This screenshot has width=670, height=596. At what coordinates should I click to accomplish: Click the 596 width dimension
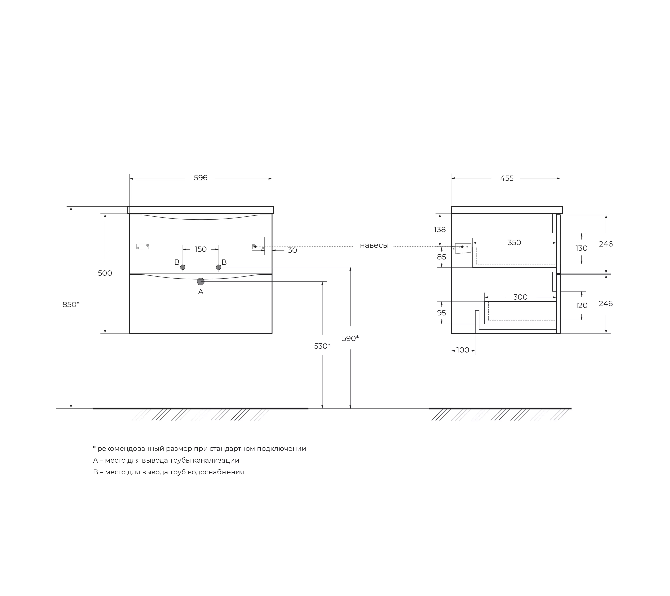coord(200,178)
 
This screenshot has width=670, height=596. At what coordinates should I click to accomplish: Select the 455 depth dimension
coord(507,178)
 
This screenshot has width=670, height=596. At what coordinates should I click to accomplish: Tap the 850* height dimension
coord(71,305)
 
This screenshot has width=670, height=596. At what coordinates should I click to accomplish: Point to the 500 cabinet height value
coord(105,273)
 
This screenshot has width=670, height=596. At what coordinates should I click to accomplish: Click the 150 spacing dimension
coord(201,249)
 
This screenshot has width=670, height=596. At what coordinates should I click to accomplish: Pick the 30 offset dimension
coord(292,250)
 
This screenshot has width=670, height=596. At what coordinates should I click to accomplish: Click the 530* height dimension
coord(322,346)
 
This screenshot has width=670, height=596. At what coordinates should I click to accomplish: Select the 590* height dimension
coord(350,338)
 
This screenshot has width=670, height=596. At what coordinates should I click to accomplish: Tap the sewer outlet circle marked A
coord(201,281)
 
